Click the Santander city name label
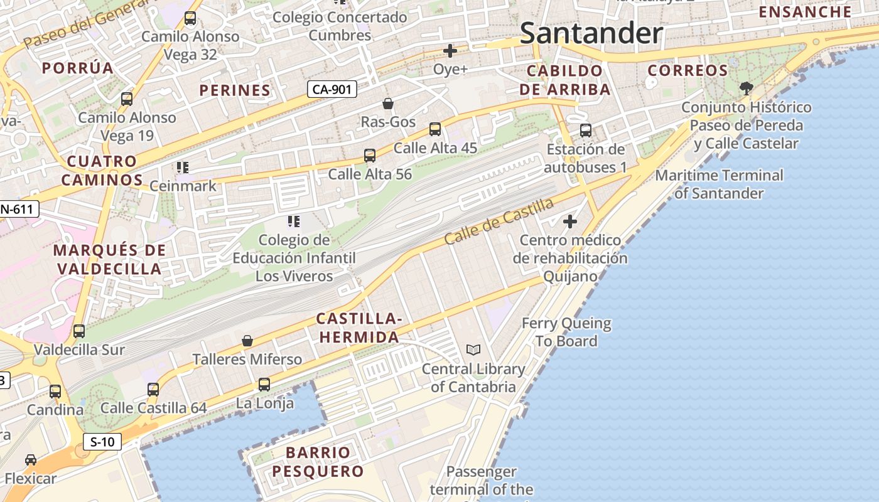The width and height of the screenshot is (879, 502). [x=591, y=33]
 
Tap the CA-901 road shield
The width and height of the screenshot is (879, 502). [x=332, y=89]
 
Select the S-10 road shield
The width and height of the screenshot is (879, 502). [x=102, y=441]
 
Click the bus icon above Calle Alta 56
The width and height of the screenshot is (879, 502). [x=370, y=155]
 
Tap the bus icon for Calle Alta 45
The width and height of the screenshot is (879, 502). [x=434, y=129]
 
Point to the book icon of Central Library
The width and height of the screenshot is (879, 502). [x=473, y=350]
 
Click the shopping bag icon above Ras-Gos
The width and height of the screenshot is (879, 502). [x=388, y=103]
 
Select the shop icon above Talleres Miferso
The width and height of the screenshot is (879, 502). [x=247, y=341]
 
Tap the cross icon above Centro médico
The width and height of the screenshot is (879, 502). [x=570, y=221]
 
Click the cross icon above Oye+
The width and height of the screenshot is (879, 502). [x=450, y=50]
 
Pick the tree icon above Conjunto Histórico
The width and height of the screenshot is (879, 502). [x=746, y=88]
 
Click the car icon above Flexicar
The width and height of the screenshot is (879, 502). [x=30, y=459]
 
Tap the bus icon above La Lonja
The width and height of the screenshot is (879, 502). [x=264, y=384]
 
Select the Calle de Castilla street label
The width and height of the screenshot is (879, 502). [x=499, y=222]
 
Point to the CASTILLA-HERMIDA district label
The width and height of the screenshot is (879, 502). [x=359, y=328]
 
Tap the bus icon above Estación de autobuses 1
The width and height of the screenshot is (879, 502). [x=585, y=131]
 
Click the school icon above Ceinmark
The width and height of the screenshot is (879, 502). [x=183, y=167]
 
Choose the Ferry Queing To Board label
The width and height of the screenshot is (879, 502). [x=566, y=332]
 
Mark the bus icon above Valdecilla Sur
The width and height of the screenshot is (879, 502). [x=79, y=331]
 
